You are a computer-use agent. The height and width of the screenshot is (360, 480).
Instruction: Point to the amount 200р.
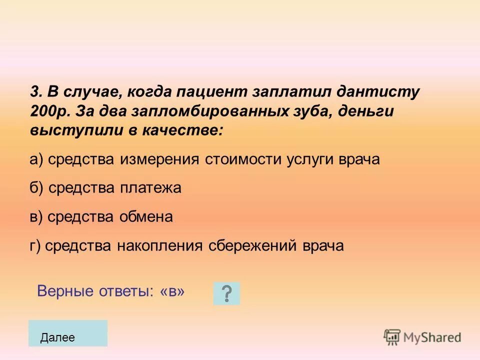48,112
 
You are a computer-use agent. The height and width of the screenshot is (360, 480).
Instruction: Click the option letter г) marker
36,246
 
